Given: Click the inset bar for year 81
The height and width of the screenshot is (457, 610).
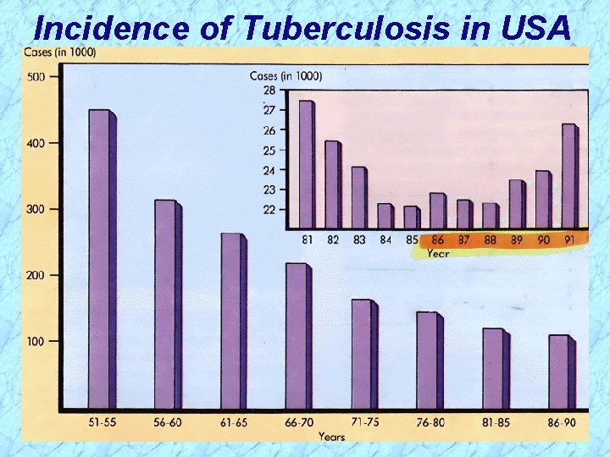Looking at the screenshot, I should click(307, 164).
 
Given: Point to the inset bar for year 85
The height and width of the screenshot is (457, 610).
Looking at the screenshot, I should click(412, 217).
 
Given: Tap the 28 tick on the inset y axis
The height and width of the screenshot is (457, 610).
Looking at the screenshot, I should click(269, 90).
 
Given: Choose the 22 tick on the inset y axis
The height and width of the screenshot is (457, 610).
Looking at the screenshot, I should click(269, 209).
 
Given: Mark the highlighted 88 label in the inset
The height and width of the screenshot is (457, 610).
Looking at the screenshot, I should click(490, 240).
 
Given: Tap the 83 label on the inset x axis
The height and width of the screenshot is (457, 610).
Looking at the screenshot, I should click(359, 240).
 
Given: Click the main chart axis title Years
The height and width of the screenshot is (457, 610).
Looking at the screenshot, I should click(331, 437).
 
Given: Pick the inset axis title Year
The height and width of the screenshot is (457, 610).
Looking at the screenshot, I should click(437, 252).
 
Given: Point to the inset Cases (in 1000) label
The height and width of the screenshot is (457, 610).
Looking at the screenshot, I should click(286, 76).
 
